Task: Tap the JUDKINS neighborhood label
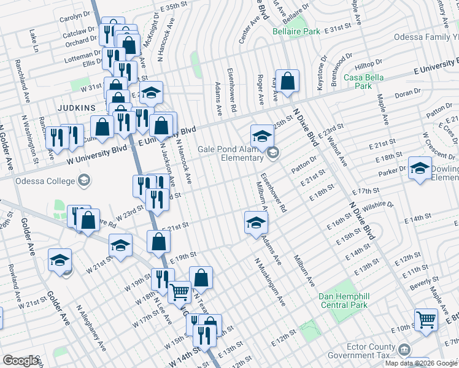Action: [76, 107]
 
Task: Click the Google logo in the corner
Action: [20, 361]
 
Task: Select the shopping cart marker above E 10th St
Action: [425, 319]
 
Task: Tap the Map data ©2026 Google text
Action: [421, 363]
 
